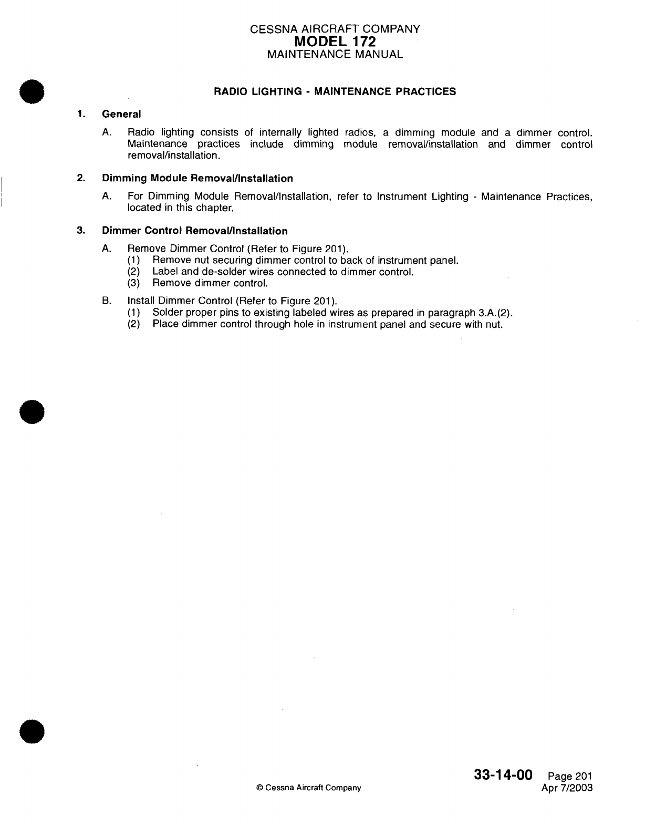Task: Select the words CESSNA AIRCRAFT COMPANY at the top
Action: pyautogui.click(x=335, y=29)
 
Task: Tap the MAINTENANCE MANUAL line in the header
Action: pyautogui.click(x=335, y=54)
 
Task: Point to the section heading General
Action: pyautogui.click(x=121, y=114)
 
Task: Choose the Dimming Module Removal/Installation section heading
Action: pyautogui.click(x=197, y=178)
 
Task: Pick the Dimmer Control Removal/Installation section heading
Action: pyautogui.click(x=195, y=231)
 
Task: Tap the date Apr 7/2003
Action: pyautogui.click(x=567, y=788)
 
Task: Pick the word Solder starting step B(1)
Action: pyautogui.click(x=167, y=313)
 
